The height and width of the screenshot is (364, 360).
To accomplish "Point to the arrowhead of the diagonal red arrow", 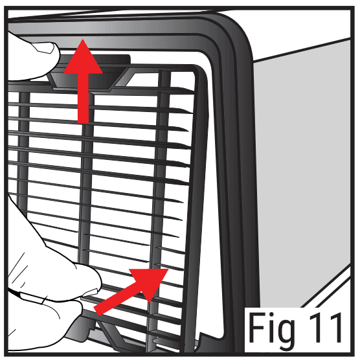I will pyautogui.click(x=155, y=276).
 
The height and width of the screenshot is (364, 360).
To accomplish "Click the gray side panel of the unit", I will pyautogui.click(x=304, y=162).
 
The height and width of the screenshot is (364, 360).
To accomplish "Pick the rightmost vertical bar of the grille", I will pyautogui.click(x=159, y=194).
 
